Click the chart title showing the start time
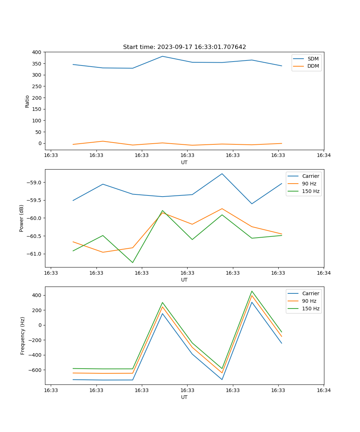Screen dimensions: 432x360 (x=184, y=47)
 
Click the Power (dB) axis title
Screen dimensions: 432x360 (x=22, y=218)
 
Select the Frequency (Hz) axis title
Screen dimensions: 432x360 (x=22, y=336)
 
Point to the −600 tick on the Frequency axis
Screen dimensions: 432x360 (x=34, y=370)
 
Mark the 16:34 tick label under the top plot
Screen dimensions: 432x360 (x=324, y=155)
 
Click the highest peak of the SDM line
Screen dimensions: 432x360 (x=162, y=56)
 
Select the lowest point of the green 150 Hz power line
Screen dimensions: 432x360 (x=132, y=262)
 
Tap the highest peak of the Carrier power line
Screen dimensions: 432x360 (x=222, y=174)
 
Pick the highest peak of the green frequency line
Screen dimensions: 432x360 (x=252, y=291)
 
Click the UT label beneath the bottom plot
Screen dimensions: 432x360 (x=184, y=397)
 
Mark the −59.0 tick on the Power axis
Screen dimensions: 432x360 (x=34, y=183)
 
